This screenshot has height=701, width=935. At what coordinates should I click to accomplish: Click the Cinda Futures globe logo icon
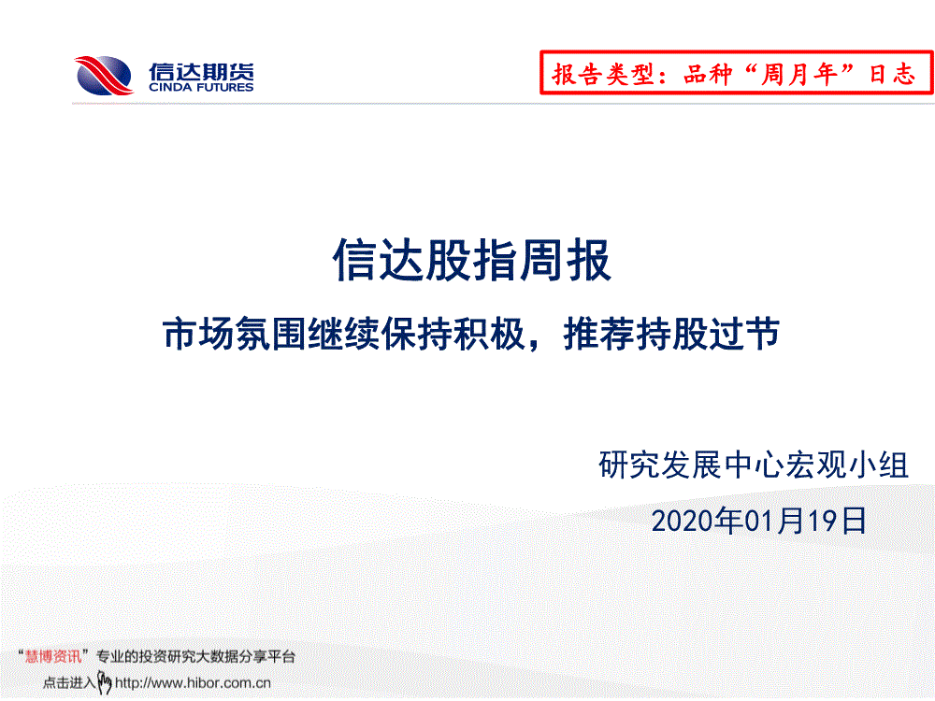(x=104, y=76)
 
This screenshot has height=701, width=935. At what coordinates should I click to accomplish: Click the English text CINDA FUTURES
(x=202, y=88)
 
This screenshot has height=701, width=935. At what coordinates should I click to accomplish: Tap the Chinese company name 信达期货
(x=202, y=71)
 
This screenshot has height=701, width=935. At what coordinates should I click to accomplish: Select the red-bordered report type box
(x=737, y=73)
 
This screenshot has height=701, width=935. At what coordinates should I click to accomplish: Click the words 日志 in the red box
(x=891, y=75)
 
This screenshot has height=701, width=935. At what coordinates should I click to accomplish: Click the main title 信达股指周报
(x=471, y=260)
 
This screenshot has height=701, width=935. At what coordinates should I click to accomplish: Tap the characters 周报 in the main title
(x=566, y=260)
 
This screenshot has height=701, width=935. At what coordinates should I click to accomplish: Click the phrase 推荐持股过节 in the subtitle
(x=671, y=334)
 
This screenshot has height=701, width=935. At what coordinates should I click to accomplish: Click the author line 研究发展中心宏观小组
(x=754, y=465)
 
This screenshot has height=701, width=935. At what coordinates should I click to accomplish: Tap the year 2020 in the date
(x=683, y=522)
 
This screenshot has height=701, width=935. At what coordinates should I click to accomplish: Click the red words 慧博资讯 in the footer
(x=53, y=657)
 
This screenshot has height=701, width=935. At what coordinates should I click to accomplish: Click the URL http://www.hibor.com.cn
(x=193, y=683)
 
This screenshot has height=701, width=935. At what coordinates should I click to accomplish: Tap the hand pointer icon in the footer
(x=105, y=682)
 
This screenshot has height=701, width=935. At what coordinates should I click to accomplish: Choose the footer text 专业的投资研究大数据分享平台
(x=195, y=657)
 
